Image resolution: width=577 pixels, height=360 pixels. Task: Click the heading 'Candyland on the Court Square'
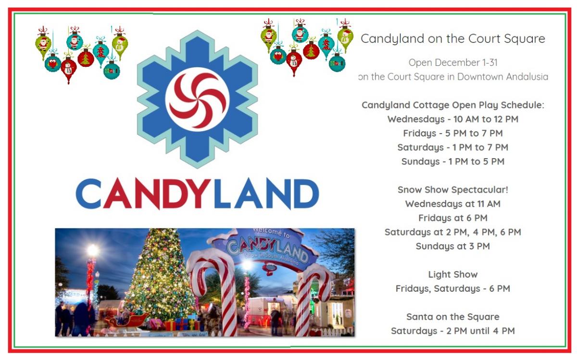pos(453,38)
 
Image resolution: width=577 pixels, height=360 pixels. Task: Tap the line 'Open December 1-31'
pos(453,62)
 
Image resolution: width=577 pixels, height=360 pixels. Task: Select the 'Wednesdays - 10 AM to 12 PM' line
pos(453,119)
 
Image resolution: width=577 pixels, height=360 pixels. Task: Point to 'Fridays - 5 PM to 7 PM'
pos(453,134)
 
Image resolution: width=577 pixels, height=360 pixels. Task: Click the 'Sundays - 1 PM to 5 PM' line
pos(453,161)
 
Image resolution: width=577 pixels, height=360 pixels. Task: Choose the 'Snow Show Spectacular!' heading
pos(453,190)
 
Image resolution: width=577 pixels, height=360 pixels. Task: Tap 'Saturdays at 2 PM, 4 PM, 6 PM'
pos(453,232)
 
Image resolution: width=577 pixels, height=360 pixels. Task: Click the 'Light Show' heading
pos(453,274)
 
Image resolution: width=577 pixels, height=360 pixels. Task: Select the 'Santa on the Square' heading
pos(453,317)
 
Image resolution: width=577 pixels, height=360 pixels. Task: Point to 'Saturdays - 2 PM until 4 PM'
pos(453,331)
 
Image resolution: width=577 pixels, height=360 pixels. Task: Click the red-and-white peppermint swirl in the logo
pos(197,99)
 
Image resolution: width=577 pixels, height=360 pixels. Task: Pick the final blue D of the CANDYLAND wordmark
pos(305,193)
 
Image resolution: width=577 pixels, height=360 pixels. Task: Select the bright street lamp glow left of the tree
pos(93,250)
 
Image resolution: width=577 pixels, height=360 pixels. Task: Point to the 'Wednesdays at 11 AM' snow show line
pos(453,204)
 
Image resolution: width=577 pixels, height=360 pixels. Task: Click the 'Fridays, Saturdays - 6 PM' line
pos(453,289)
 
